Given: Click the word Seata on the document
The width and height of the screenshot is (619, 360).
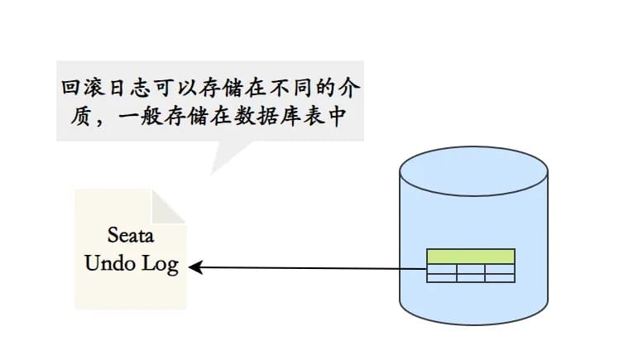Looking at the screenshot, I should pos(132,234).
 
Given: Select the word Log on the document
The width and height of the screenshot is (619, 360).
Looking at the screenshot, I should pos(160,266).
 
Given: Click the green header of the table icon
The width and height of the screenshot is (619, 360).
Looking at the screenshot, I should pos(470,257).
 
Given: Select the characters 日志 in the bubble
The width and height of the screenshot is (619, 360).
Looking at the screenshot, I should pos(135,87).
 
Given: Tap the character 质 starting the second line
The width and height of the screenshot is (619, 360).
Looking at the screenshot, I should pos(71,118).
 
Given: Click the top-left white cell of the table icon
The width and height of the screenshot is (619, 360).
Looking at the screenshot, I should pos(441,268).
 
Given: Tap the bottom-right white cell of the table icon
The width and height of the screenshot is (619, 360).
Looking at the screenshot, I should pos(500,278).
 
